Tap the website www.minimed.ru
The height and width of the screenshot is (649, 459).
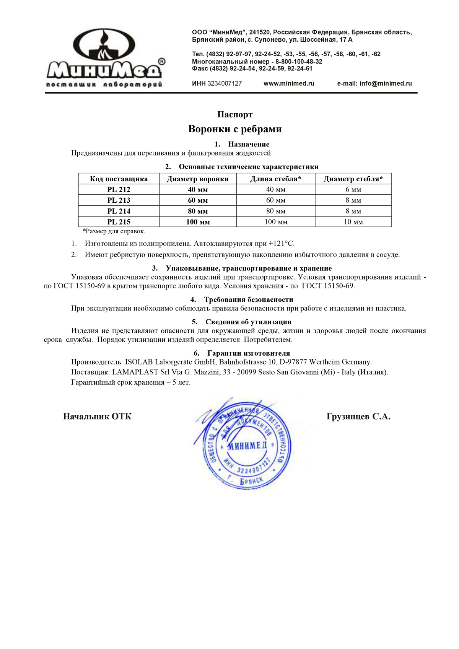point(289,83)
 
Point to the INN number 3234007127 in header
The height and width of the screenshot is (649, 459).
point(225,83)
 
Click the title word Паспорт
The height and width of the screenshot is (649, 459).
point(235,114)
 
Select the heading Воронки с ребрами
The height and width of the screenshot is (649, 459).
point(235,129)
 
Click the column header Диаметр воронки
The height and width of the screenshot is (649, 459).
point(198,179)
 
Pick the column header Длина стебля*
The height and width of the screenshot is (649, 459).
point(275,179)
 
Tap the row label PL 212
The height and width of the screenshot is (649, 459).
point(119,190)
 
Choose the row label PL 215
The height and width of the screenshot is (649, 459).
point(119,222)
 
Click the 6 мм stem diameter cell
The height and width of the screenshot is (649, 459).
point(353,190)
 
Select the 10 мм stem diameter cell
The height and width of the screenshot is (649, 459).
point(353,222)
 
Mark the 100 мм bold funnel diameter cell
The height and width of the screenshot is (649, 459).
point(198,222)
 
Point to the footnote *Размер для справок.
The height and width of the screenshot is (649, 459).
point(114,231)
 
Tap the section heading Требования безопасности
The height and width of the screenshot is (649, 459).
point(249,299)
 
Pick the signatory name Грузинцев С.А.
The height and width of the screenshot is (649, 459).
point(358,416)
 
